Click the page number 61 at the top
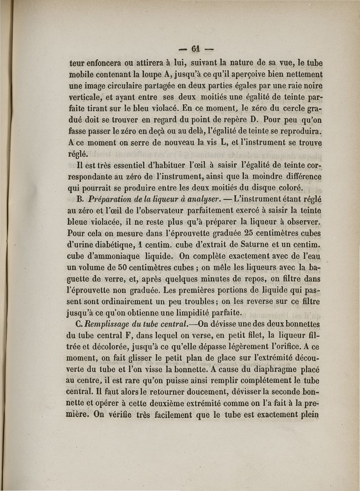point(195,48)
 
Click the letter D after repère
point(254,120)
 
